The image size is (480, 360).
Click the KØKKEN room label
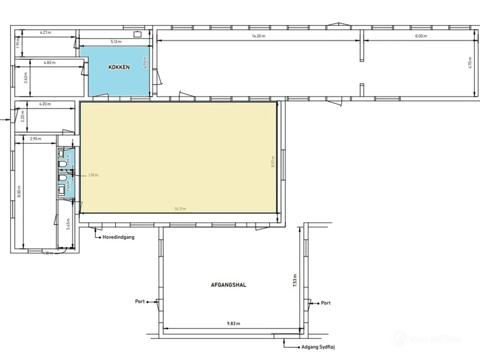(x=119, y=67)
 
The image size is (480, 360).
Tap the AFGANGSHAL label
(x=228, y=285)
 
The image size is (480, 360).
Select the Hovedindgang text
(x=118, y=237)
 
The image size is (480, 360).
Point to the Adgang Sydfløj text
(x=318, y=347)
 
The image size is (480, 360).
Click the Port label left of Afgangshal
(x=140, y=301)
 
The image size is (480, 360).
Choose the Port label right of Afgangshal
(x=326, y=303)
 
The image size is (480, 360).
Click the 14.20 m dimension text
(x=258, y=36)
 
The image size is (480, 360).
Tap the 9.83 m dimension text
(x=234, y=323)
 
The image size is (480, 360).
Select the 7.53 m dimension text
(x=295, y=280)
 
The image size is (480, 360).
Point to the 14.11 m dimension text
(x=180, y=208)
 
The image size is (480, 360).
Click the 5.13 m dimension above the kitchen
(x=116, y=42)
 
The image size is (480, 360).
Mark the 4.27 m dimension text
(x=45, y=32)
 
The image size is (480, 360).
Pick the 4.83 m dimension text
(x=49, y=63)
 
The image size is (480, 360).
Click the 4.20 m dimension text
(x=45, y=104)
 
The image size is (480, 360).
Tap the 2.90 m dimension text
(x=35, y=139)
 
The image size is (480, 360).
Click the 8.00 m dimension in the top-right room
(x=421, y=36)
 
